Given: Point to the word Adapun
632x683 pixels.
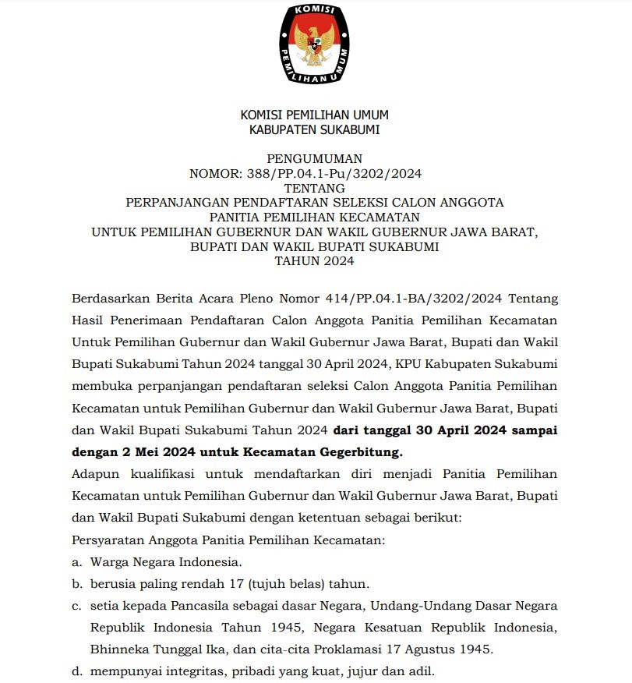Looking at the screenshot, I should (x=90, y=474).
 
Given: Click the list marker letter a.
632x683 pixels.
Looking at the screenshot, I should (x=76, y=561).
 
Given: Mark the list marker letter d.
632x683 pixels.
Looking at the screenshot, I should (x=76, y=671).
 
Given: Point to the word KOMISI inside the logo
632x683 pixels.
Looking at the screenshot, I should (x=315, y=10).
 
